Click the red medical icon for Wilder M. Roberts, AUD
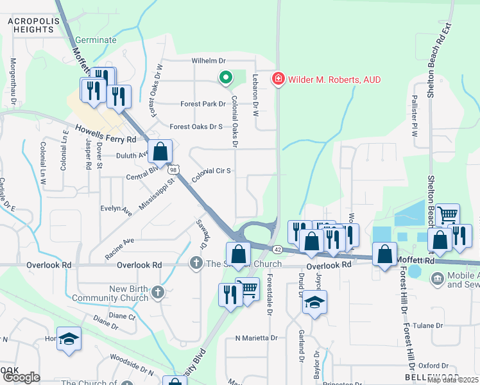(x=279, y=80)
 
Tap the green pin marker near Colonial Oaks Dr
(x=225, y=79)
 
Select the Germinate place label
(x=96, y=40)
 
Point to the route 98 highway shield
(x=173, y=170)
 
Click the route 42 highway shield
(x=277, y=248)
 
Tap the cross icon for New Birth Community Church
(x=159, y=293)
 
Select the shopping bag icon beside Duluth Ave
(x=160, y=152)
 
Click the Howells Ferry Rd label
(x=106, y=133)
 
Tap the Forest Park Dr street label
(x=203, y=104)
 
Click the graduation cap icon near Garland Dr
(x=314, y=303)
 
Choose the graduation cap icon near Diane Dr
(x=69, y=340)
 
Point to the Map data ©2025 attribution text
(x=452, y=380)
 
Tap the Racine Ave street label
(x=119, y=248)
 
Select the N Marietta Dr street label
(x=256, y=338)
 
